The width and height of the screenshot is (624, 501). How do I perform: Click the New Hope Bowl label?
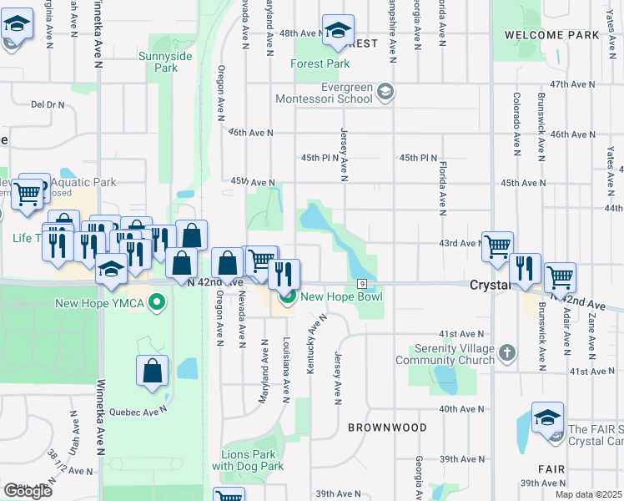pos(341,296)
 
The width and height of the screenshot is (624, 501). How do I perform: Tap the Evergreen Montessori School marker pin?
pos(385,91)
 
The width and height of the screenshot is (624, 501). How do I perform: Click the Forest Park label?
pos(320,63)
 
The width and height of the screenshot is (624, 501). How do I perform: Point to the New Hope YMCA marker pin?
pos(154,302)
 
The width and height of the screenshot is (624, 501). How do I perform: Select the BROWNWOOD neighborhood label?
pos(387,428)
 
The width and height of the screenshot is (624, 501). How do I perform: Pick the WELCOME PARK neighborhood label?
pos(552,35)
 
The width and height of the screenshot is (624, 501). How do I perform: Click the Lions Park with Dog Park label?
pos(248,460)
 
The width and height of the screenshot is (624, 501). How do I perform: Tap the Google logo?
pos(27,491)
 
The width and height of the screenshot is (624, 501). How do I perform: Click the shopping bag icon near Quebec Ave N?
pos(153,371)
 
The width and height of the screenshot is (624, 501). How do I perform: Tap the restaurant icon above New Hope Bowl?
pos(284,273)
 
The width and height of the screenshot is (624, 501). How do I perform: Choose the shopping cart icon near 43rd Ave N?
pos(497,246)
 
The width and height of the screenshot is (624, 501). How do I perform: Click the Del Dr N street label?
pos(48,104)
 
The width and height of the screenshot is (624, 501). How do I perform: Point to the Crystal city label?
pos(488,285)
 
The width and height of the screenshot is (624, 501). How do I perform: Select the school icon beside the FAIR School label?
pos(547,417)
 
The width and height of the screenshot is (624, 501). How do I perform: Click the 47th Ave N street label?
pos(572,85)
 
